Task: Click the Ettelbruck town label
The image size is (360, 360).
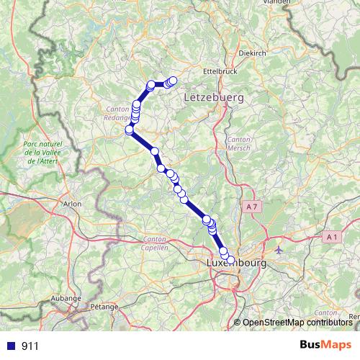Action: pos(220,72)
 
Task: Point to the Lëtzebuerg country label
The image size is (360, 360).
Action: pos(214,96)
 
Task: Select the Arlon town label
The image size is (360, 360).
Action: pos(73,204)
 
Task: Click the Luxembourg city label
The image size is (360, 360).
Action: pos(236,264)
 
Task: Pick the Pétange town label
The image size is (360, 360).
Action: pos(104,306)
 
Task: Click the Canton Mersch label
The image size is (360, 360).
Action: pos(238,143)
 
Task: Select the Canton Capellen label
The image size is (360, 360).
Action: pos(156,243)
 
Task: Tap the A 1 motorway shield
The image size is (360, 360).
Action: pos(331,236)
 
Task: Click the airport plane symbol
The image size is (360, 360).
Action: pos(279,251)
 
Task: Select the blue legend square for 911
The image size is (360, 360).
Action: pos(10,346)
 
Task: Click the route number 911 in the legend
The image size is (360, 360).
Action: pos(30,346)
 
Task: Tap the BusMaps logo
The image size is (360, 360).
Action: pos(325,346)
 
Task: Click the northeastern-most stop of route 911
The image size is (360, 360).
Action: pos(173,81)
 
